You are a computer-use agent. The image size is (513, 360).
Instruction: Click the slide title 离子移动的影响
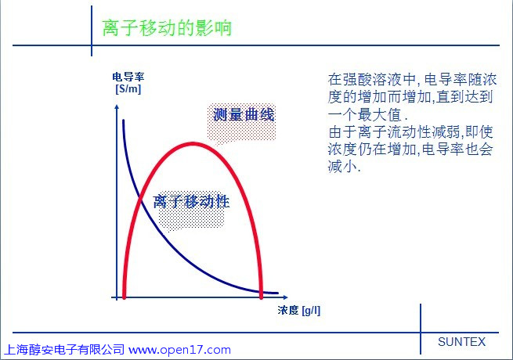167,28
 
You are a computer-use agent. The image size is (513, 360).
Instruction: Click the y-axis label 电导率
128,77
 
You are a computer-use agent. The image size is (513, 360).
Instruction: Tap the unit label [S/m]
128,88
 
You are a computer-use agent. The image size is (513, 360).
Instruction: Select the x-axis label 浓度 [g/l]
299,310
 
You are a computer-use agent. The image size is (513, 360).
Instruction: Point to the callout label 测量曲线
244,115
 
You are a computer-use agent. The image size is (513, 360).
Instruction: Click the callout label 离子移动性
191,201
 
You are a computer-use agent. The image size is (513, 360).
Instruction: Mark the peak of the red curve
193,144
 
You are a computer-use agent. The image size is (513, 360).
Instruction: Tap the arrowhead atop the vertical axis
117,107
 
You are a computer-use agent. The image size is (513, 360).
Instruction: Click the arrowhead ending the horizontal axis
285,297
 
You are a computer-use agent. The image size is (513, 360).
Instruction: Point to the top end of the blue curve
123,121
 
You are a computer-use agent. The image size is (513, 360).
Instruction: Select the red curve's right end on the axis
261,297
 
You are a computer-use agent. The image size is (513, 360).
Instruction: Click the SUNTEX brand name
461,342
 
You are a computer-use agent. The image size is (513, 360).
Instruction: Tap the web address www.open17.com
179,350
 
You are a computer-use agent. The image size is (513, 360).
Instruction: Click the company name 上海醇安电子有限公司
64,350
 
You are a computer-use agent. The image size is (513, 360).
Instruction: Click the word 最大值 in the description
379,115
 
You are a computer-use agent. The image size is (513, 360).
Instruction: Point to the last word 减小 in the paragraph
342,167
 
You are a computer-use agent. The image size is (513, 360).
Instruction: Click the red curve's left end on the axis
124,297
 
